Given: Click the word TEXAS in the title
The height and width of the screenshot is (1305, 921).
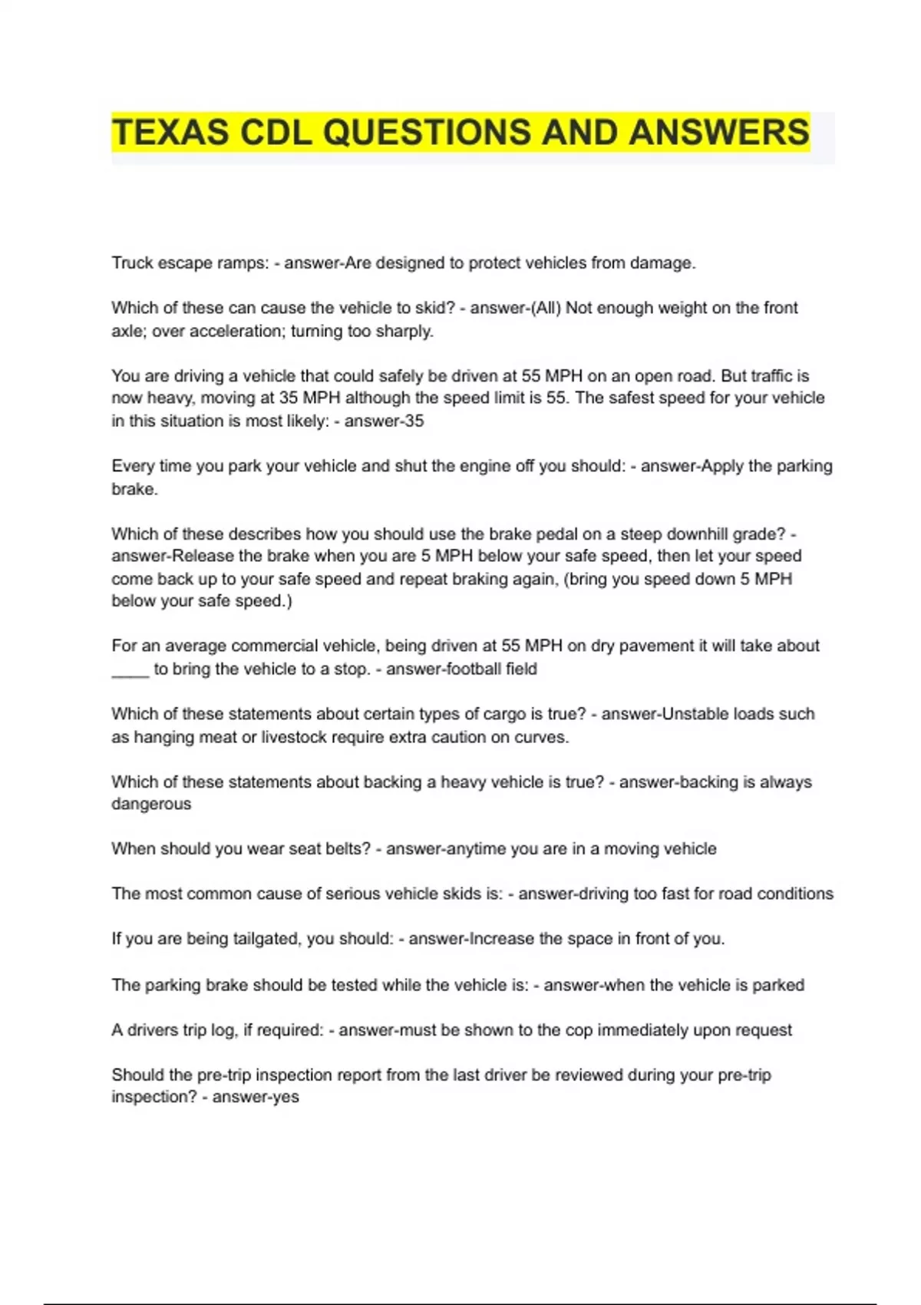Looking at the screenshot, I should coord(170,132).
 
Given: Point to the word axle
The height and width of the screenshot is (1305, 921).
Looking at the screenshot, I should coord(127,331).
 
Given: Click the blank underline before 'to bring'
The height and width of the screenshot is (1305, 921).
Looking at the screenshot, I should coord(130,670).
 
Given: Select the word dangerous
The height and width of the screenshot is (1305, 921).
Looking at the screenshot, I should coord(151,804).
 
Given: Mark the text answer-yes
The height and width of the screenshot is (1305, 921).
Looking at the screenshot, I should coord(256,1096).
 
